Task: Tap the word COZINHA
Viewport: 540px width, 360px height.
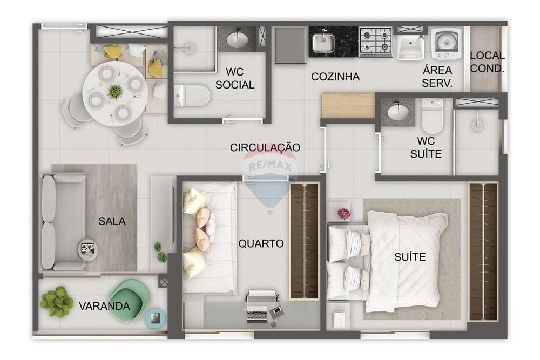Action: [335, 77]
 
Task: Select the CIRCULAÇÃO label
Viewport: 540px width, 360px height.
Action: [265, 147]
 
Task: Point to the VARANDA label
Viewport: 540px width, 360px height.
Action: [104, 307]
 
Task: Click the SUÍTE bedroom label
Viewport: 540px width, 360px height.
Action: [410, 257]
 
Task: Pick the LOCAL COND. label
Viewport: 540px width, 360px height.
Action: [487, 62]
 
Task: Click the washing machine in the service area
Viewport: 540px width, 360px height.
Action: [447, 43]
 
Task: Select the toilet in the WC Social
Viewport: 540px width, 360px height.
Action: [192, 96]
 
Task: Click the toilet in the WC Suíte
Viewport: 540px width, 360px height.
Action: [432, 116]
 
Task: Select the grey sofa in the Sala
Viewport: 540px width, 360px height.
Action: [57, 222]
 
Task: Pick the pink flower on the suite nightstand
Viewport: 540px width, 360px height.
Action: [344, 214]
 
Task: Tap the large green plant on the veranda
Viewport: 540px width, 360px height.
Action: [57, 301]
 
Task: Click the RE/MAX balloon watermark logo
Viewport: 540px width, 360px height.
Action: [268, 178]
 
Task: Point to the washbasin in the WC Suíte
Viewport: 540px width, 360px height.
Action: [398, 112]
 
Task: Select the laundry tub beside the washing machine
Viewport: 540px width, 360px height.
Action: [413, 46]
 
